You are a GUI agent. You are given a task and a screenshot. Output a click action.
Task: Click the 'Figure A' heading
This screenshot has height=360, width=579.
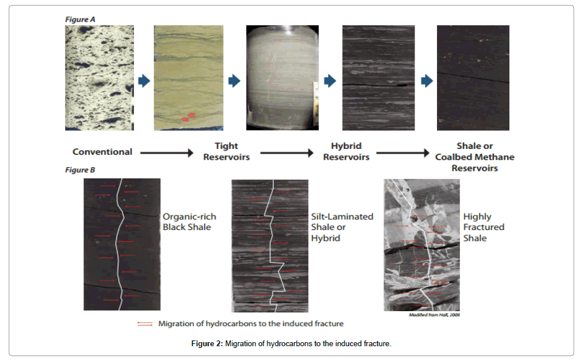pyautogui.click(x=80, y=19)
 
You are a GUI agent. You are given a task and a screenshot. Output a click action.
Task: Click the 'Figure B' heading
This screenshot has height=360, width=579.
pyautogui.click(x=80, y=170)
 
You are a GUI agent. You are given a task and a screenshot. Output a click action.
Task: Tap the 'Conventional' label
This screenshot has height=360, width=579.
pyautogui.click(x=102, y=152)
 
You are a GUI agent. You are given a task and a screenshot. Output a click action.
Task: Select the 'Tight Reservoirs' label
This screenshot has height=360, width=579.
pyautogui.click(x=227, y=151)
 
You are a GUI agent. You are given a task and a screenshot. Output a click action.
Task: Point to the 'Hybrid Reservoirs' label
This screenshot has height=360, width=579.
pyautogui.click(x=346, y=151)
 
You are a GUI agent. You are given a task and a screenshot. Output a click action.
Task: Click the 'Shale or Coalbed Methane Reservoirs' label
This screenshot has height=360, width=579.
pyautogui.click(x=474, y=157)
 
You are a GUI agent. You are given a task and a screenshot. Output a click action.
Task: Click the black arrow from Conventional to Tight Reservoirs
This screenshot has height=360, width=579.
pyautogui.click(x=167, y=152)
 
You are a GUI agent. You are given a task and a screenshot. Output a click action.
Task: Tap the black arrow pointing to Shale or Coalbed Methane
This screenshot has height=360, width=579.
pyautogui.click(x=402, y=152)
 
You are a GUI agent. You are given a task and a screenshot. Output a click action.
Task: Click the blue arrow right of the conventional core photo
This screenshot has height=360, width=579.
pyautogui.click(x=144, y=81)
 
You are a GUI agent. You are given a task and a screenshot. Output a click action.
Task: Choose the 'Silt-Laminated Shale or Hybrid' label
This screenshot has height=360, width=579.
pyautogui.click(x=342, y=227)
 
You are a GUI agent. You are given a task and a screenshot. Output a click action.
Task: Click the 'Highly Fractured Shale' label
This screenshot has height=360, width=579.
pyautogui.click(x=484, y=227)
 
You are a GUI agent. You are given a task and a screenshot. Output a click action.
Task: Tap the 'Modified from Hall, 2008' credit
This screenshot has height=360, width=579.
pyautogui.click(x=434, y=315)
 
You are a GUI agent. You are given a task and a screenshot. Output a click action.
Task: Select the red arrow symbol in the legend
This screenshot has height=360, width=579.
pyautogui.click(x=145, y=324)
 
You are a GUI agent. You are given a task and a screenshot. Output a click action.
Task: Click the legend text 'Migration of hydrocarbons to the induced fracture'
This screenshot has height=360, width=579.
pyautogui.click(x=251, y=324)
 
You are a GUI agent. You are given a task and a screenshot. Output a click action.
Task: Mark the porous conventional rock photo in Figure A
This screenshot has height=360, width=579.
pyautogui.click(x=99, y=78)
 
